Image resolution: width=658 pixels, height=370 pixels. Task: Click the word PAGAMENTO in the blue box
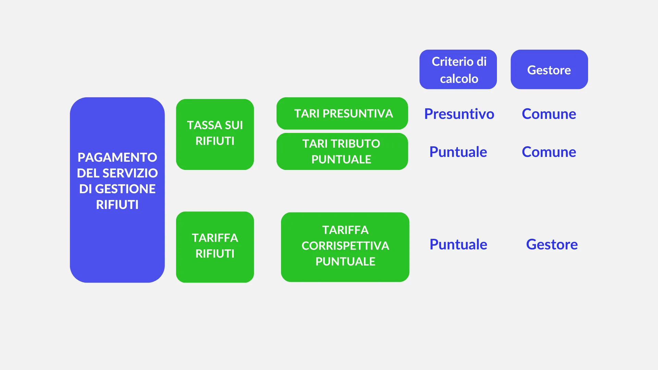click(x=117, y=157)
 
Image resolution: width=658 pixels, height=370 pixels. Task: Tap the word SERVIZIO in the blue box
click(x=130, y=173)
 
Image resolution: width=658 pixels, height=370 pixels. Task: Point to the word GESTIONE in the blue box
click(x=125, y=189)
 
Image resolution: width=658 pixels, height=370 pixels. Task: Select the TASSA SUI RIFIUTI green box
click(x=215, y=134)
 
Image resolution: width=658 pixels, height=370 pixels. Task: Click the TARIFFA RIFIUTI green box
click(x=215, y=247)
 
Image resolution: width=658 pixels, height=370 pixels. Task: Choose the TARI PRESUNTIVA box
click(x=342, y=113)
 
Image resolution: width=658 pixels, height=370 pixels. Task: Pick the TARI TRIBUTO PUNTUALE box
click(x=342, y=151)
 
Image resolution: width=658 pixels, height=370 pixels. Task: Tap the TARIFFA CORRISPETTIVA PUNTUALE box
click(x=345, y=247)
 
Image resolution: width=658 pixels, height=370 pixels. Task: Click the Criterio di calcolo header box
click(x=458, y=70)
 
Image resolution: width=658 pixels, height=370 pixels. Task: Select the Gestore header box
click(x=549, y=70)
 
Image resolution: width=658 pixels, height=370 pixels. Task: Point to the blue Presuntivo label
click(x=459, y=114)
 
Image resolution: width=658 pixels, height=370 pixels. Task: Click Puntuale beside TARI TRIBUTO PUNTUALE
click(x=458, y=152)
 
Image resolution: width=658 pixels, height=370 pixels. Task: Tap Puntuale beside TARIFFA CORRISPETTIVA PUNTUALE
click(x=458, y=244)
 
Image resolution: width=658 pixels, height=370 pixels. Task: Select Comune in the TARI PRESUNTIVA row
click(x=549, y=114)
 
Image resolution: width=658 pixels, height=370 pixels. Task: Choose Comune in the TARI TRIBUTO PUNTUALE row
click(x=549, y=152)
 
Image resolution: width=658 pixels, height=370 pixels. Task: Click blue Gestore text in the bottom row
click(x=552, y=244)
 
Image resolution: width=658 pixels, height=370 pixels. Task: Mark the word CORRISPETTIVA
click(x=345, y=246)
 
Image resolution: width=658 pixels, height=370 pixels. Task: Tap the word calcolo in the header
click(x=459, y=79)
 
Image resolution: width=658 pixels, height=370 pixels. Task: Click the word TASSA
click(x=204, y=125)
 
